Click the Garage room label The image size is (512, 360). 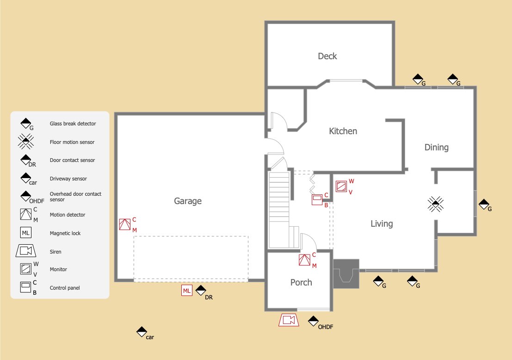click(188, 201)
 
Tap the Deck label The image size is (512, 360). click(327, 56)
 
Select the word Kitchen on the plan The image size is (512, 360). click(343, 131)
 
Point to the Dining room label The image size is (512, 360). click(436, 148)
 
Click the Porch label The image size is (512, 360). click(301, 282)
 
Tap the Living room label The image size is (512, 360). click(382, 224)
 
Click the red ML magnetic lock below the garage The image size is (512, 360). click(187, 291)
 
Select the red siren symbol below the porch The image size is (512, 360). click(289, 320)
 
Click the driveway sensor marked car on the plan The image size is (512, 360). click(142, 332)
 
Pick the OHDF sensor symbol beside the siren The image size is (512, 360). click(314, 321)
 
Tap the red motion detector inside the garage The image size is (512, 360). click(125, 224)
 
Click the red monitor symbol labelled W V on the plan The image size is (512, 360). click(341, 186)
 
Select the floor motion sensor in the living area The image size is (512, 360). click(436, 204)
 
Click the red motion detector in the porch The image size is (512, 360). click(305, 260)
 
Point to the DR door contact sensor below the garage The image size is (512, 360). click(200, 290)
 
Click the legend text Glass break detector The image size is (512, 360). click(73, 124)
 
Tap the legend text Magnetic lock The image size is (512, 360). click(65, 233)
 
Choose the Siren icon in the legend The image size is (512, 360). click(26, 251)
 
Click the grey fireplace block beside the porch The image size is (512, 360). click(346, 274)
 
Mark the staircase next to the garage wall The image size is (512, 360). click(279, 209)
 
